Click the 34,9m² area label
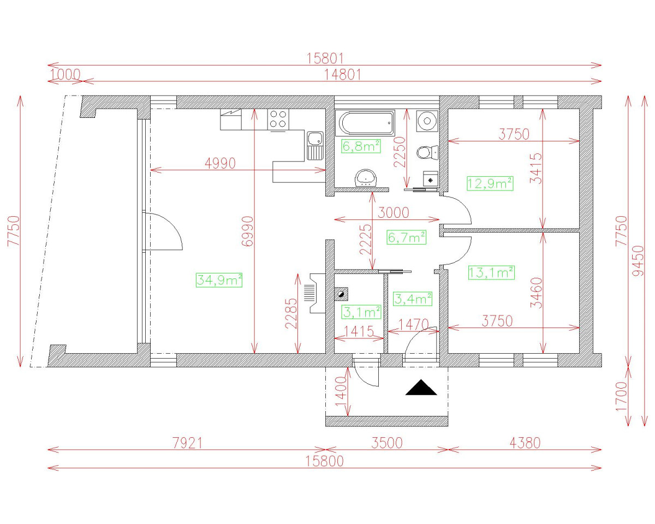click(219, 280)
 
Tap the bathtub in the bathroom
click(366, 124)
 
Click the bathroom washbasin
click(366, 177)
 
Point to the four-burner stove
click(278, 119)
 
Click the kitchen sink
click(315, 145)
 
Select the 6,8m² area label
click(361, 146)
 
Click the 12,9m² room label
click(490, 183)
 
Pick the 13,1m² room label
click(491, 272)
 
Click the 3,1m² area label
click(361, 312)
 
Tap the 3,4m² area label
click(413, 299)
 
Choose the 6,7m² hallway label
click(406, 237)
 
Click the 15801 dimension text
click(326, 59)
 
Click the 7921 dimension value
click(184, 443)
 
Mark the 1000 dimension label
click(65, 74)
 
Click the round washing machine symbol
click(426, 120)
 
